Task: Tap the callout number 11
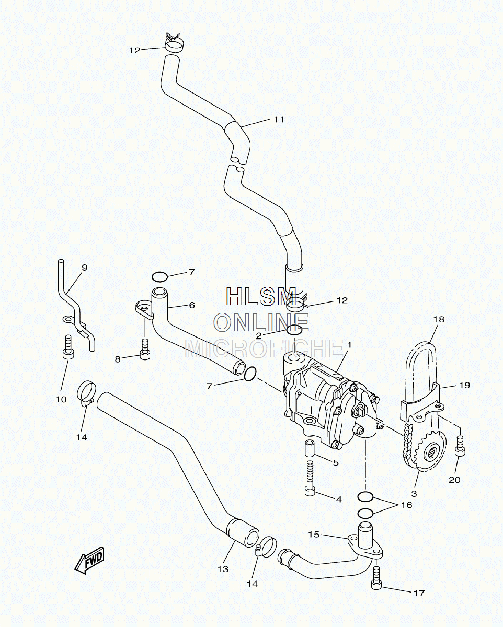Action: coord(279,119)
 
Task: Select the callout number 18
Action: coord(439,319)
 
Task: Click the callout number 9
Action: coord(85,268)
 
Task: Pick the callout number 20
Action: coord(454,480)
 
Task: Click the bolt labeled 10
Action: coord(68,347)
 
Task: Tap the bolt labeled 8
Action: coord(145,350)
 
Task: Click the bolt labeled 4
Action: coord(310,482)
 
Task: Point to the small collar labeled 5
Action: coord(310,457)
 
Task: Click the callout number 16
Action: coord(406,505)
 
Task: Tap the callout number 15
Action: coord(314,535)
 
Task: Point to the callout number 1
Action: coord(349,345)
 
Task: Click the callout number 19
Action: coord(465,385)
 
